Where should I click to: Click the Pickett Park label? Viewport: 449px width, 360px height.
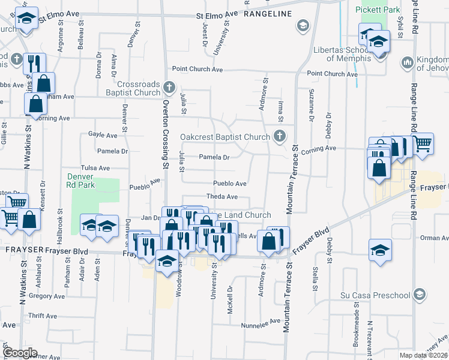[x=377, y=10]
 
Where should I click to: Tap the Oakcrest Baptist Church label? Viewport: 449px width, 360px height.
[x=226, y=137]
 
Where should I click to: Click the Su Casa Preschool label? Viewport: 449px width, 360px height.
[x=375, y=295]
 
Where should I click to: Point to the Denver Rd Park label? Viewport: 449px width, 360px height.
[x=80, y=181]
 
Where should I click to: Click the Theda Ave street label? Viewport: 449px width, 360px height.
[x=222, y=196]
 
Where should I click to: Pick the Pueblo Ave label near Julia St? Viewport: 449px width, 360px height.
[x=230, y=184]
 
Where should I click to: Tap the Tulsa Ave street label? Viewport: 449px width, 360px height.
[x=95, y=169]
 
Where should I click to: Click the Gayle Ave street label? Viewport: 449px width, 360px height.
[x=103, y=135]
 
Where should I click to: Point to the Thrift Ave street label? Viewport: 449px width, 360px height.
[x=42, y=316]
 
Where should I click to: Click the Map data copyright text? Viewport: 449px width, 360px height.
[x=423, y=355]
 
